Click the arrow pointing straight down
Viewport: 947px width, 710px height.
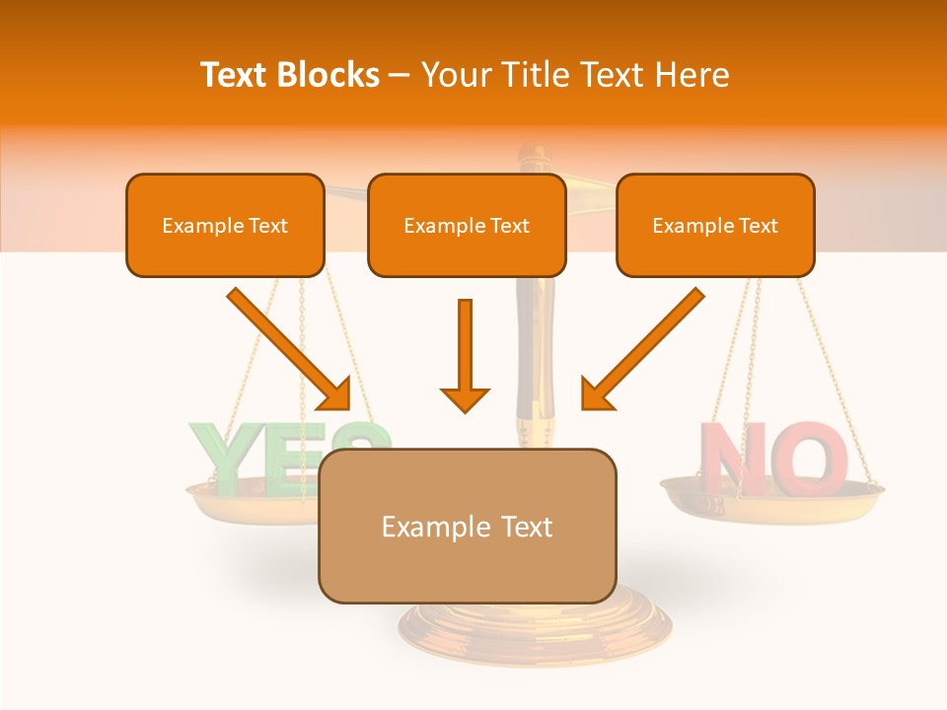coord(465,355)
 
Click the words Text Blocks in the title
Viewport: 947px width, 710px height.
coord(290,75)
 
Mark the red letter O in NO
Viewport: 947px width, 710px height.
coord(811,460)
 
